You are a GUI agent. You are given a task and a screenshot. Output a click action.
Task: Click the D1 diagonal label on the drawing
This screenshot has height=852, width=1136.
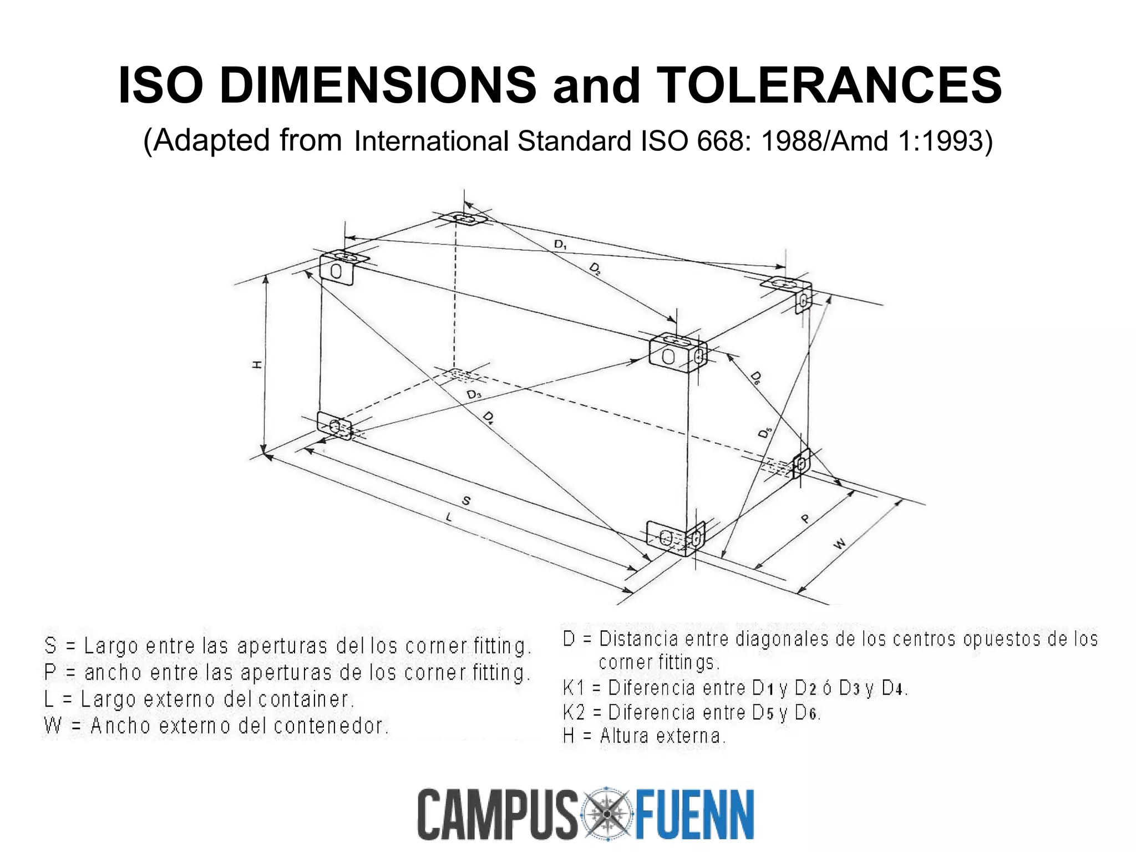click(560, 244)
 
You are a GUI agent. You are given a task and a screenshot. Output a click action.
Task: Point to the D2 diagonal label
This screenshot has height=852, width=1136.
click(595, 270)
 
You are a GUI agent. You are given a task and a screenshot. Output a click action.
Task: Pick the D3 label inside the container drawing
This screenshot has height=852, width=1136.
click(474, 394)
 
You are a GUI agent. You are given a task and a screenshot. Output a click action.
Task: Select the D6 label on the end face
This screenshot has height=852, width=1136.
click(755, 378)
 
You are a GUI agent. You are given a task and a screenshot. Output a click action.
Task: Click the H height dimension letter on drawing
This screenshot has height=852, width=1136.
click(257, 364)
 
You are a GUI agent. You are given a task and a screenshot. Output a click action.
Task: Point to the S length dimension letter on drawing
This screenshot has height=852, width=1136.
click(466, 501)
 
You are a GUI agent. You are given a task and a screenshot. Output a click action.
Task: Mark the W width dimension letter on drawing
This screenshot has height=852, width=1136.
click(840, 544)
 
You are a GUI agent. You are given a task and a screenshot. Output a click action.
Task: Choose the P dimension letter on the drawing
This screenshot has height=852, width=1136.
click(805, 519)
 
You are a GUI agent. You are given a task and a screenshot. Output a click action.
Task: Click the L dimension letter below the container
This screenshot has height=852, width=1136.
click(449, 518)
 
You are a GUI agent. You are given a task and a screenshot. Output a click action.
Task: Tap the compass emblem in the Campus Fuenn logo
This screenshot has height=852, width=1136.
click(607, 814)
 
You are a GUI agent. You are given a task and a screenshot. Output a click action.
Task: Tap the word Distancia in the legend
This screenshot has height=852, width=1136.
click(639, 639)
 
